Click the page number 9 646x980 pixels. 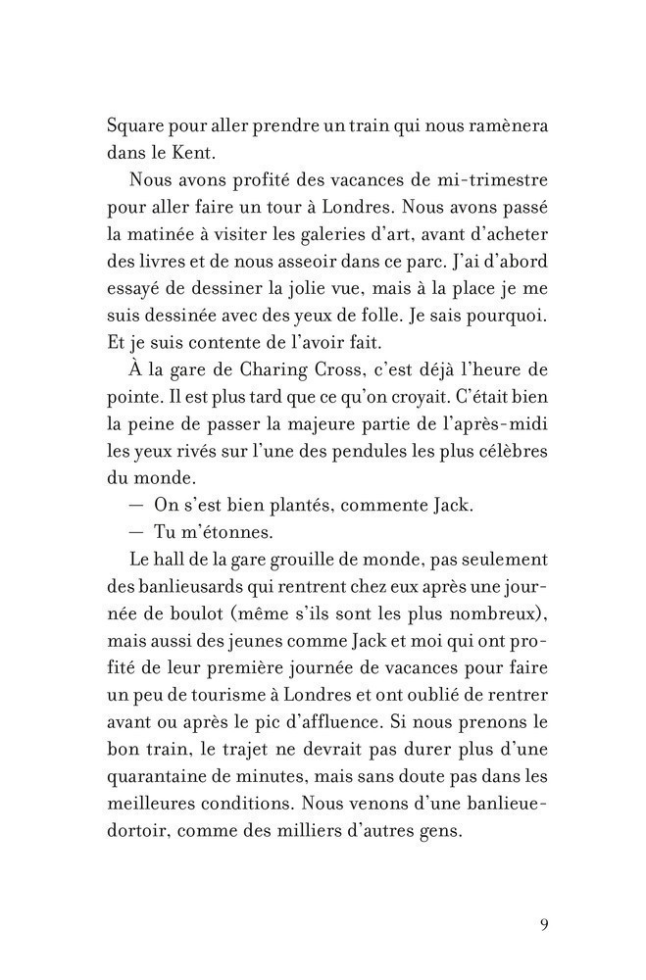(544, 924)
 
